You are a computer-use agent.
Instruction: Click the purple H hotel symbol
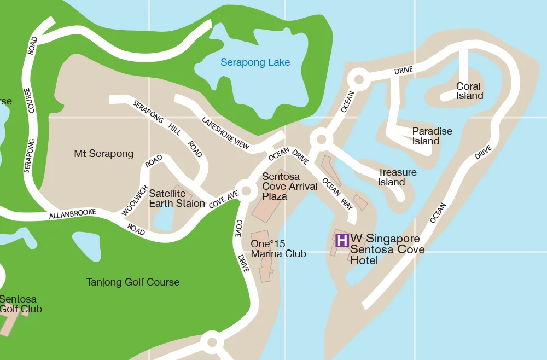(342, 240)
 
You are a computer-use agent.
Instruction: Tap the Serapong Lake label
(255, 62)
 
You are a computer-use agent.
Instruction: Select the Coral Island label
(469, 91)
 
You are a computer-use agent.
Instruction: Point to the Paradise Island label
(432, 136)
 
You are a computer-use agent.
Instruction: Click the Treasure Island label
(397, 177)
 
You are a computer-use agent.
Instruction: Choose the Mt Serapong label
(103, 154)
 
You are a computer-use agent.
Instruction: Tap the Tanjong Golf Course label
(133, 282)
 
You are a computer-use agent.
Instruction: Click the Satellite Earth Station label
(177, 198)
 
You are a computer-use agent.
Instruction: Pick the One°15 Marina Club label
(278, 248)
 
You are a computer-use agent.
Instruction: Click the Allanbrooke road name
(73, 214)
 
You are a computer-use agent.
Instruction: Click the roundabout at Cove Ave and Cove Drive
(246, 191)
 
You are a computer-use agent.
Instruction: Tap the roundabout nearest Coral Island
(359, 79)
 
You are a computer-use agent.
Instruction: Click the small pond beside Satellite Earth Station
(163, 218)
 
